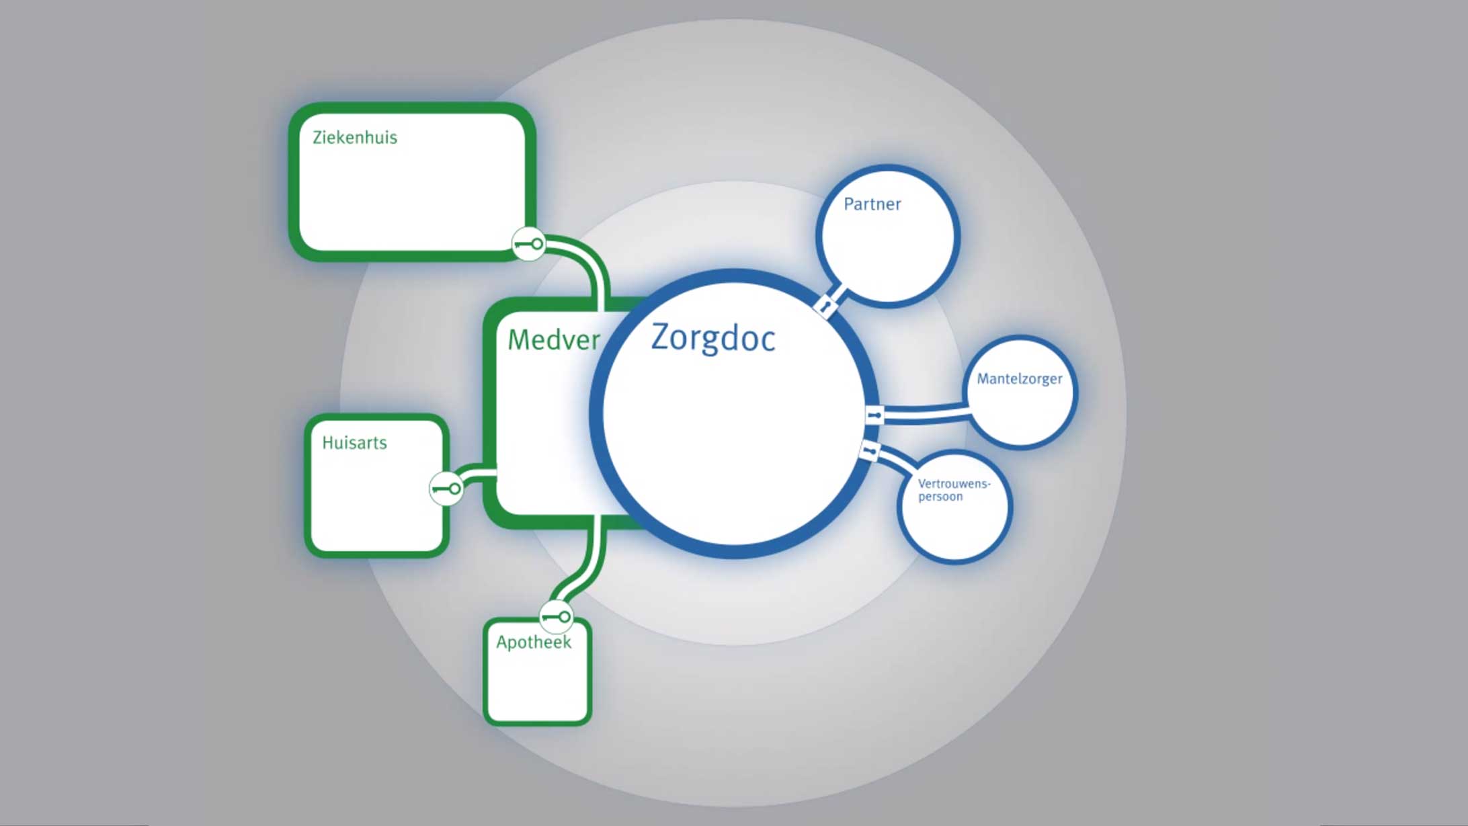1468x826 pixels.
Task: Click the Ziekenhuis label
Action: coord(354,138)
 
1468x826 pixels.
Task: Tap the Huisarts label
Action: coord(354,443)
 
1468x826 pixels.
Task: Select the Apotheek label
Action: coord(534,643)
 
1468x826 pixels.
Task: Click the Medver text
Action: coord(553,340)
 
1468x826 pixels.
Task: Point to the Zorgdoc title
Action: coord(712,338)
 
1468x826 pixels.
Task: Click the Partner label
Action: coord(872,204)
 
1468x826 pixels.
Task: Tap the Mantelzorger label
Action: coord(1019,379)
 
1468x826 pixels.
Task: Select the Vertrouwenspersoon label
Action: coord(953,490)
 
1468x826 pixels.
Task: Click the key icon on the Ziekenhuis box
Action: coord(528,244)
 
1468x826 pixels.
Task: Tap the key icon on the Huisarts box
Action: coord(446,489)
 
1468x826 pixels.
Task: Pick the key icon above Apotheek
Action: coord(556,616)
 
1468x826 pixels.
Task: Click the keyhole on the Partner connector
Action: coord(825,307)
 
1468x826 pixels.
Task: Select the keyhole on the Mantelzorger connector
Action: coord(874,415)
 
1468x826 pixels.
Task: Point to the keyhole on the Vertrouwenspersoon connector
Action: coord(869,450)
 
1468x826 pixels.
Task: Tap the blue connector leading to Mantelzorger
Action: coord(924,411)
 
